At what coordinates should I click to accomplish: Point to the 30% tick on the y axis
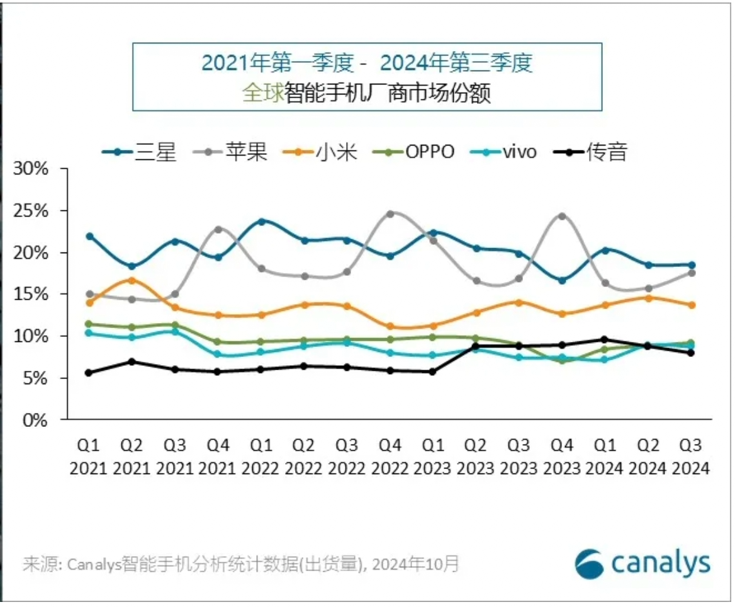point(32,169)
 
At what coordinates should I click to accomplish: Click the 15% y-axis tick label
point(32,294)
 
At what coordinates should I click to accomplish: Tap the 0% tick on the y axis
point(36,420)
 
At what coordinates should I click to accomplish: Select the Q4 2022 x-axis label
point(390,457)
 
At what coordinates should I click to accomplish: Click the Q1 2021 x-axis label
point(89,457)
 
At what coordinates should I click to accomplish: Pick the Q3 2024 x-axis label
point(690,457)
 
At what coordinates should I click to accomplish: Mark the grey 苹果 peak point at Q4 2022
point(390,214)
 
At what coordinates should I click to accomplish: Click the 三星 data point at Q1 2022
point(261,222)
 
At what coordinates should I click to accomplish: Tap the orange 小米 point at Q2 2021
point(132,280)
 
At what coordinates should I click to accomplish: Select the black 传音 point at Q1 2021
point(89,373)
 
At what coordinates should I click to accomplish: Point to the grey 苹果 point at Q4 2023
point(562,216)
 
